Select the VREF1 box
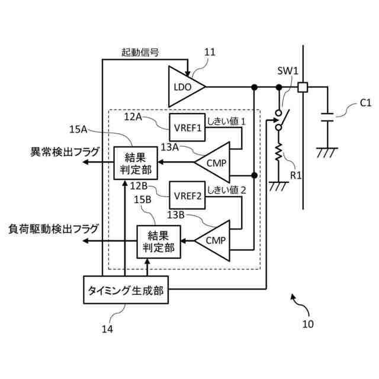click(187, 127)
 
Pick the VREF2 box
click(187, 195)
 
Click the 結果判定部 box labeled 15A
click(136, 163)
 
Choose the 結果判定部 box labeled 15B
click(159, 242)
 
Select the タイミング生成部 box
click(126, 290)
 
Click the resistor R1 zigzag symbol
click(279, 152)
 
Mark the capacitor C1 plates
click(327, 117)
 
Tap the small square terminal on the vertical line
click(303, 87)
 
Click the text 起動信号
click(140, 52)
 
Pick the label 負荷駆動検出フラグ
click(53, 229)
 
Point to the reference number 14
click(107, 329)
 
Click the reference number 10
click(308, 324)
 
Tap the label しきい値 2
click(226, 190)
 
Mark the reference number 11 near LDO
click(210, 52)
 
